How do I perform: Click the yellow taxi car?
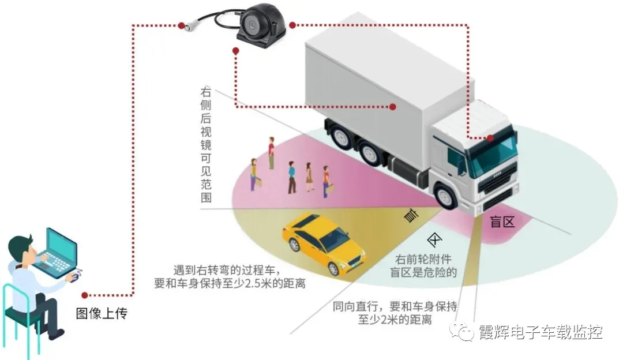[323, 242]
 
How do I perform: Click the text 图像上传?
[102, 314]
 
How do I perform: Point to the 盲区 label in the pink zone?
[502, 222]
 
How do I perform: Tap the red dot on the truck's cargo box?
[392, 107]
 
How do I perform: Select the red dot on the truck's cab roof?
[490, 138]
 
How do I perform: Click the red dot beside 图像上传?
[85, 295]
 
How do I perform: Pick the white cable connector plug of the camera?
[188, 25]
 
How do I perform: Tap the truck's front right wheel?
[445, 194]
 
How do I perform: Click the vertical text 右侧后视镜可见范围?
[206, 144]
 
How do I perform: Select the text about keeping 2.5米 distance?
[230, 277]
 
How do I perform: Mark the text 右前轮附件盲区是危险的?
[424, 266]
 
